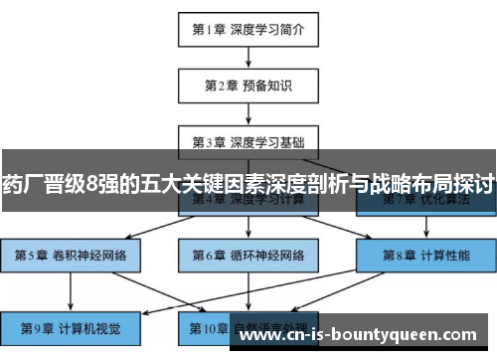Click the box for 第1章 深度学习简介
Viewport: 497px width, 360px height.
point(248,29)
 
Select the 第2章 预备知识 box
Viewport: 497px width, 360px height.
point(248,85)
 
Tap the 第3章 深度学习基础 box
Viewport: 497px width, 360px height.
point(248,140)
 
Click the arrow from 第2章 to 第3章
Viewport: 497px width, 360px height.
point(248,112)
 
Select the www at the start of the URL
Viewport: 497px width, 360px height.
point(261,336)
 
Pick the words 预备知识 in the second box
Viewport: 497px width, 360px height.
point(263,85)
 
